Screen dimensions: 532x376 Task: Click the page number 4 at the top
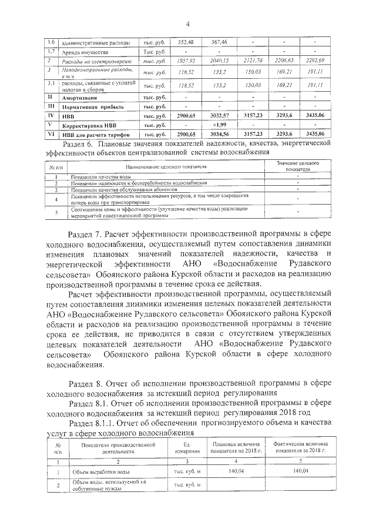[187, 24]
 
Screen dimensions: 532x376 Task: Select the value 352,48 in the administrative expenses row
[186, 42]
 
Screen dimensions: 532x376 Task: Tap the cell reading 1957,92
[186, 62]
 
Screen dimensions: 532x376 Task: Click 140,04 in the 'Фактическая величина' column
[300, 471]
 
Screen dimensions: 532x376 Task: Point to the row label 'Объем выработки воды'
[102, 471]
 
